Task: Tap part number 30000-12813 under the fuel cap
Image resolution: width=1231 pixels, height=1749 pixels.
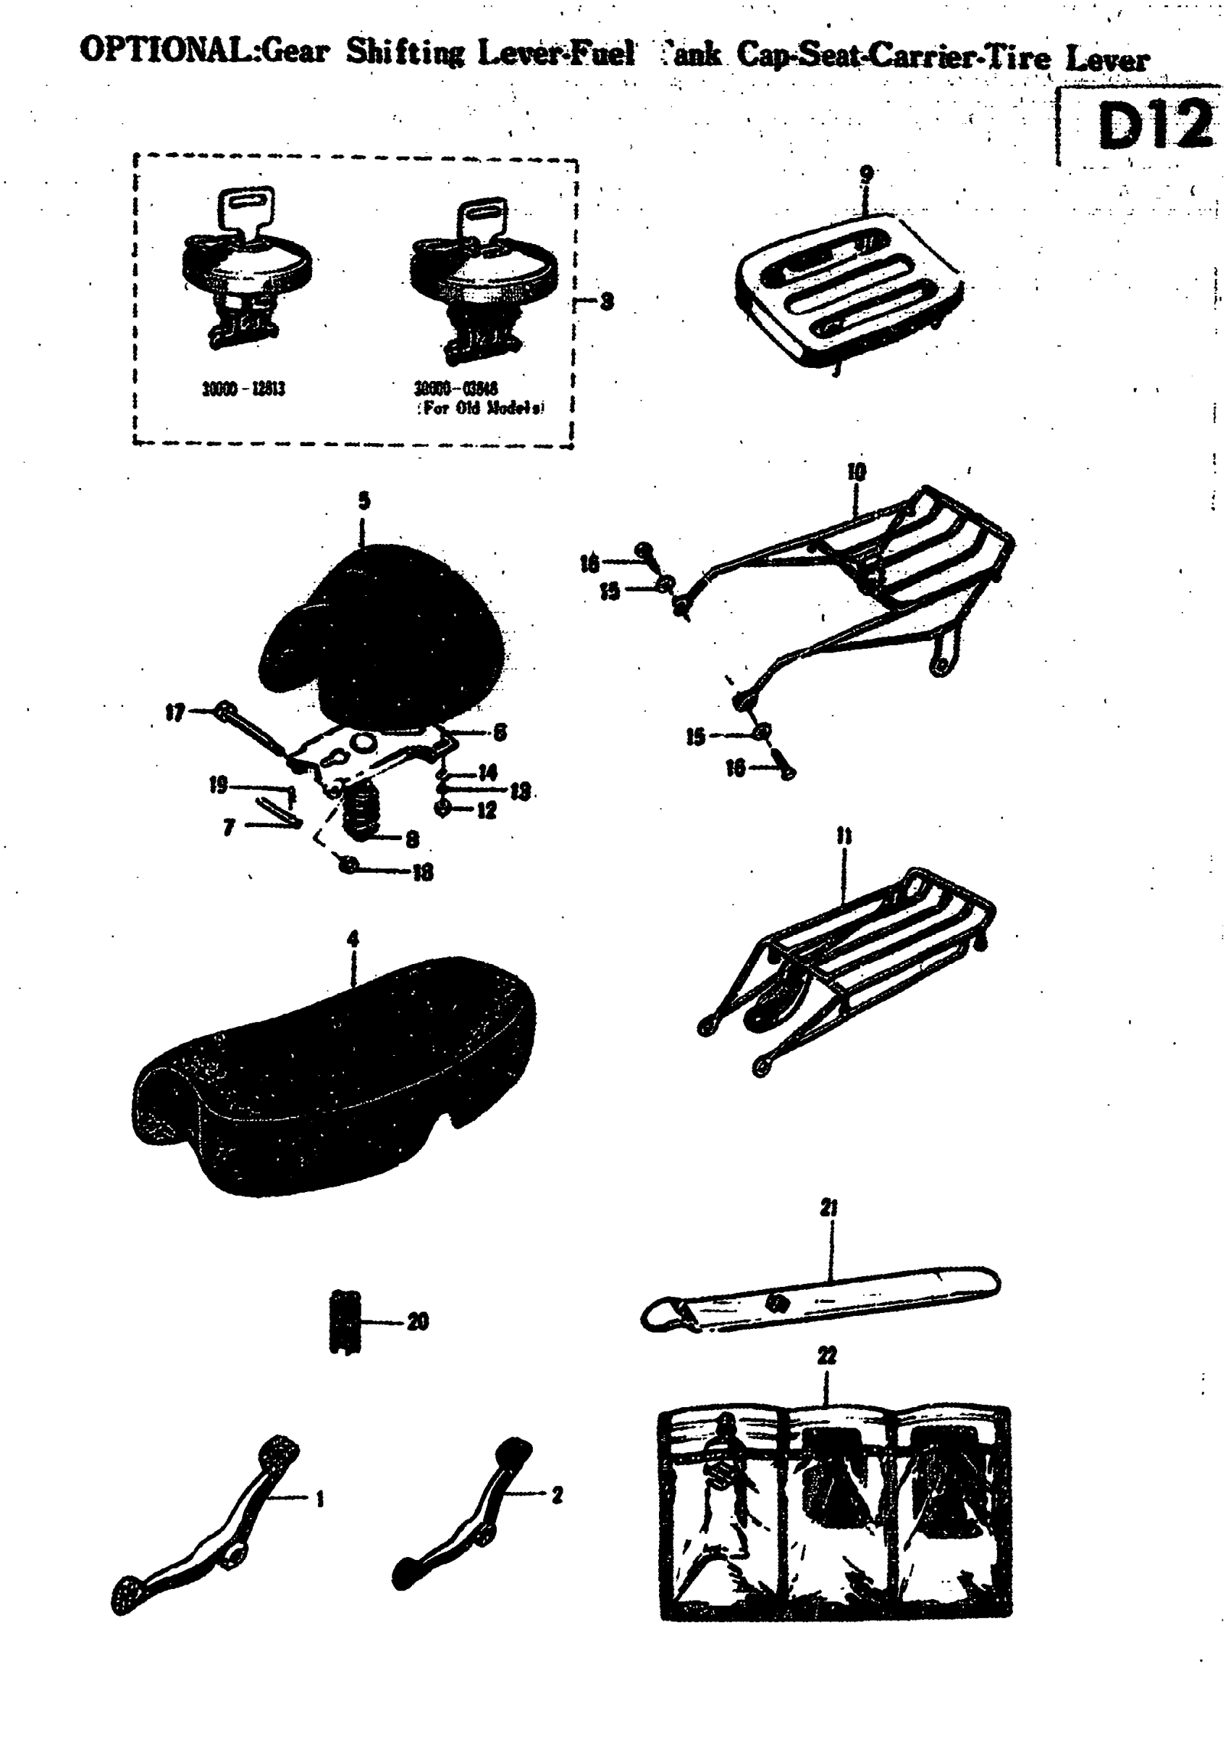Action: [243, 389]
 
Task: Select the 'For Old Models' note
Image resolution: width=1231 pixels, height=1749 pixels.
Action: [481, 408]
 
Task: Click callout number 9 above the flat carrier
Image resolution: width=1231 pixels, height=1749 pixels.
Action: [866, 174]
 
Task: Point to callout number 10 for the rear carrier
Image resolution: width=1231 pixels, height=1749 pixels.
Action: [856, 471]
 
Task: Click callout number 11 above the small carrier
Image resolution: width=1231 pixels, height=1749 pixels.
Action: [844, 836]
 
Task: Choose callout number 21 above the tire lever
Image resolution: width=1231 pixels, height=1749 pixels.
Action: [829, 1207]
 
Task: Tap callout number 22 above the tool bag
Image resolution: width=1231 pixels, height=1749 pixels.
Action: [826, 1355]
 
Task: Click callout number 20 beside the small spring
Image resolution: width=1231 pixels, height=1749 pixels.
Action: [417, 1321]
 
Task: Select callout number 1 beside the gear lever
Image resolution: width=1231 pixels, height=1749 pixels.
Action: [320, 1499]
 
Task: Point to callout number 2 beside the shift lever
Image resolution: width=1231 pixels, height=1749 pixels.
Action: [557, 1495]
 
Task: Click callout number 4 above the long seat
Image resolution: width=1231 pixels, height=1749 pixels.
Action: [353, 939]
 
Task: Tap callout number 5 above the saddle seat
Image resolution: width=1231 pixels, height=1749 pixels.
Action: [364, 500]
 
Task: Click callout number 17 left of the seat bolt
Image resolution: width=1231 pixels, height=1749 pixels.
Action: [175, 712]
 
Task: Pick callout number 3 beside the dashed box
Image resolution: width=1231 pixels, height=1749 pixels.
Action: [606, 302]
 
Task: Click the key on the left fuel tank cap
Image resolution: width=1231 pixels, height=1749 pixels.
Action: [245, 207]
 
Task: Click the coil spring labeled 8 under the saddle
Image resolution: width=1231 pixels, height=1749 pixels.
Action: [362, 813]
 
